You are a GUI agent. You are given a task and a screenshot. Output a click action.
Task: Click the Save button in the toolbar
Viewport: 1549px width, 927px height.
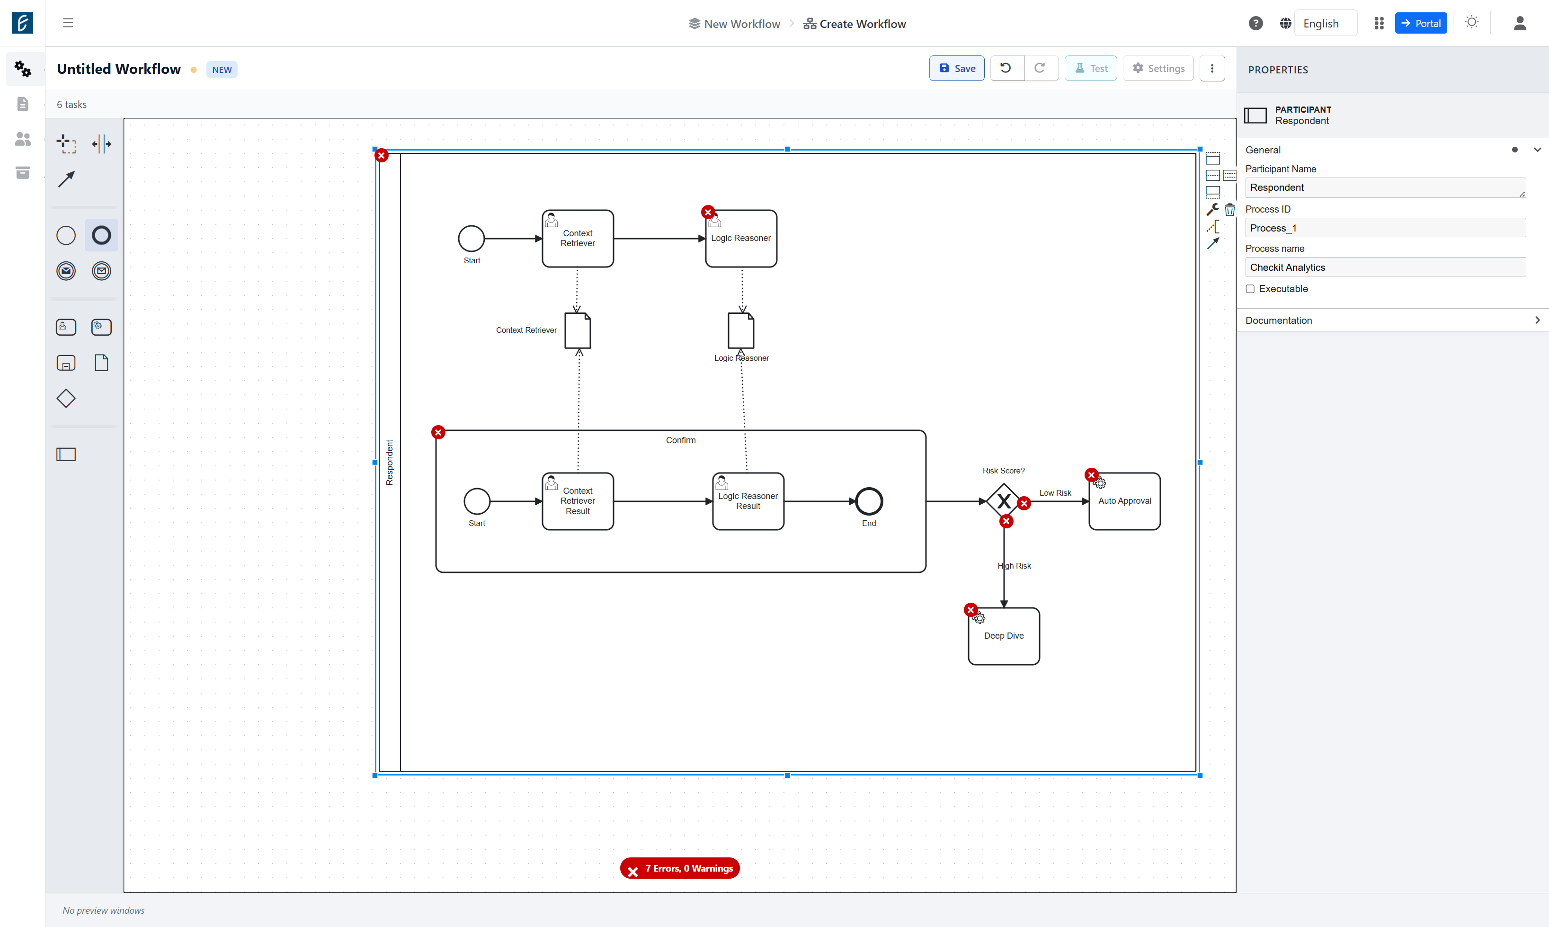coord(956,68)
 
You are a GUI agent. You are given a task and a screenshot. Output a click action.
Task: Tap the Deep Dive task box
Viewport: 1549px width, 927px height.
coord(1004,636)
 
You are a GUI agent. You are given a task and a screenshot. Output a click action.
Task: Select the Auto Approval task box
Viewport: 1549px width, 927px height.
coord(1124,501)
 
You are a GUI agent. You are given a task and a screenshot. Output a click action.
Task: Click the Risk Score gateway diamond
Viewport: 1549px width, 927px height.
coord(1004,501)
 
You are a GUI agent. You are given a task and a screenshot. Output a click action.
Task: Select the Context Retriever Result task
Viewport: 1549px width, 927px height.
coord(578,501)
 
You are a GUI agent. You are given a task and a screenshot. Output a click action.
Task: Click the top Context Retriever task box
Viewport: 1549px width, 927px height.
coord(578,239)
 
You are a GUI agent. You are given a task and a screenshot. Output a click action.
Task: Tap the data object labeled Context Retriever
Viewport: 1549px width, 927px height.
coord(578,330)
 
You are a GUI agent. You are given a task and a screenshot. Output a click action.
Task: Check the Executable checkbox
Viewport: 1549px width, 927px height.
coord(1250,289)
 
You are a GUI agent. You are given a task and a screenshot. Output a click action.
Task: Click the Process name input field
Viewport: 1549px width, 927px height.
coord(1385,267)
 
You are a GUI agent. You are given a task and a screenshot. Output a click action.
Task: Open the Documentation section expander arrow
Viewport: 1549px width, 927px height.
coord(1537,320)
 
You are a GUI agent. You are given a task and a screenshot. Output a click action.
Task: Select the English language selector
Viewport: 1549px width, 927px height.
coord(1320,23)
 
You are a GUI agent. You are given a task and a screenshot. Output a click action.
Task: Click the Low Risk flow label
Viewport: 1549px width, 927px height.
coord(1055,493)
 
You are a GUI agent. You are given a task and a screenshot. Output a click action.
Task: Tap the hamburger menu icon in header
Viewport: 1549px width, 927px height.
coord(68,23)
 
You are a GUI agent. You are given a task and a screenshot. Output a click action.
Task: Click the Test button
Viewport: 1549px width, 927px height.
coord(1091,68)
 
